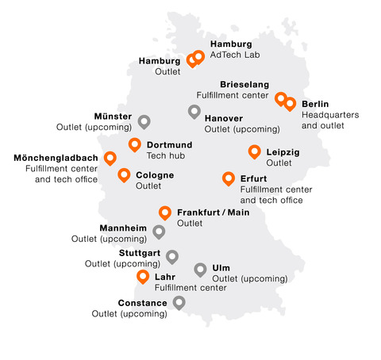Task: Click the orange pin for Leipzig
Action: point(254,151)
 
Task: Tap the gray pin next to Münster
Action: point(144,121)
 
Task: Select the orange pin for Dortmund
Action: point(135,144)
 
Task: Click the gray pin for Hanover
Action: point(194,111)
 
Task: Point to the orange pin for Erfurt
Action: point(229,178)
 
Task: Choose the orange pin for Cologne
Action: point(124,174)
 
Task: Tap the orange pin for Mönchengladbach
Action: point(110,158)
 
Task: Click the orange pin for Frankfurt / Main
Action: point(165,212)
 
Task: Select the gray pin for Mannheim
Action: point(159,231)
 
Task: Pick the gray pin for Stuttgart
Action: point(172,256)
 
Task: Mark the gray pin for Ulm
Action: point(200,270)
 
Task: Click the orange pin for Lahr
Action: point(143,276)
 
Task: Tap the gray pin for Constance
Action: point(179,302)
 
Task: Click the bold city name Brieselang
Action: point(244,84)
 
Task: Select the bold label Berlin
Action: point(315,104)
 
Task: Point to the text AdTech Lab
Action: point(234,55)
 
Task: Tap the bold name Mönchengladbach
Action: point(56,157)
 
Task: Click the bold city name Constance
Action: point(142,303)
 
